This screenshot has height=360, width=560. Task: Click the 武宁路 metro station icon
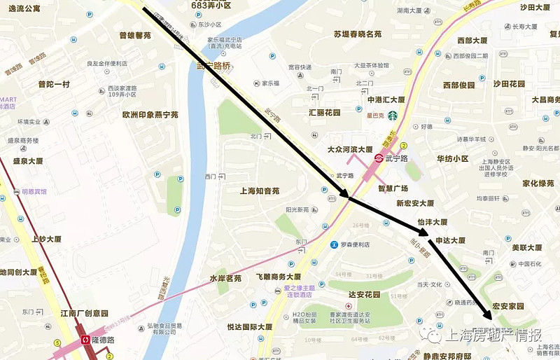[379, 159]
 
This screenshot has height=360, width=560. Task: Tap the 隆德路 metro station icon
[86, 339]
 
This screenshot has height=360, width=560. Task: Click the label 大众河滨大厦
[350, 149]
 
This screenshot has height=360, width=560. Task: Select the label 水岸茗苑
[225, 278]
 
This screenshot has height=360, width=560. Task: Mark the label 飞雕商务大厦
[278, 277]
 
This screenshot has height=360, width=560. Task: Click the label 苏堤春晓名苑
[357, 34]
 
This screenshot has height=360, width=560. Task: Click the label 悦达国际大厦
[249, 327]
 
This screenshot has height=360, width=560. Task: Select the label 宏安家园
[507, 306]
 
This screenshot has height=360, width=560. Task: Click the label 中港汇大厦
[386, 99]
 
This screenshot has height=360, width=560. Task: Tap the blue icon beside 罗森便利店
[335, 245]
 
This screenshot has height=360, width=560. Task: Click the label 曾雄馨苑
[134, 35]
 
